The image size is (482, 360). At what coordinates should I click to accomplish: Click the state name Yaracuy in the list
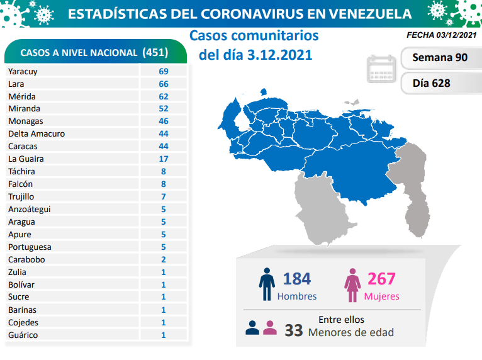coord(23,71)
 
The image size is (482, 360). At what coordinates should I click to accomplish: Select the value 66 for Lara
coord(164,84)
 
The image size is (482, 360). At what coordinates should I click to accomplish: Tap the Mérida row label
coord(21,96)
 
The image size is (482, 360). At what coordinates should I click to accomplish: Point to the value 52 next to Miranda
coord(164,109)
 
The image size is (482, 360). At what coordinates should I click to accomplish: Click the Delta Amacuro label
coord(36,134)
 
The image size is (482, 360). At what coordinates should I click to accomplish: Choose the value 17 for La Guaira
coord(164,159)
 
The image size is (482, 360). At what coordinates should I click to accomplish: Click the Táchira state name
coord(21,172)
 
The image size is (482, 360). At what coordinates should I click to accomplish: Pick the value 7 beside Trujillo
coord(164,197)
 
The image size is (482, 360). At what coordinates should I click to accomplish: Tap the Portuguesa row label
coord(30,247)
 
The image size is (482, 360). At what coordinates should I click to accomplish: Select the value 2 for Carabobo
coord(164,259)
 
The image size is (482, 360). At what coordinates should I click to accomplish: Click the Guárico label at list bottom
coord(23,335)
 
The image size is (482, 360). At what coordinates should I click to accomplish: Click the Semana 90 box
coord(439,58)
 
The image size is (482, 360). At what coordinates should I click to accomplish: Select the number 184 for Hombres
coord(297,278)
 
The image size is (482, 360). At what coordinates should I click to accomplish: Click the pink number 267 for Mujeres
coord(381,278)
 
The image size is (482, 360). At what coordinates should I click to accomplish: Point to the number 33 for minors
coord(293,330)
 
